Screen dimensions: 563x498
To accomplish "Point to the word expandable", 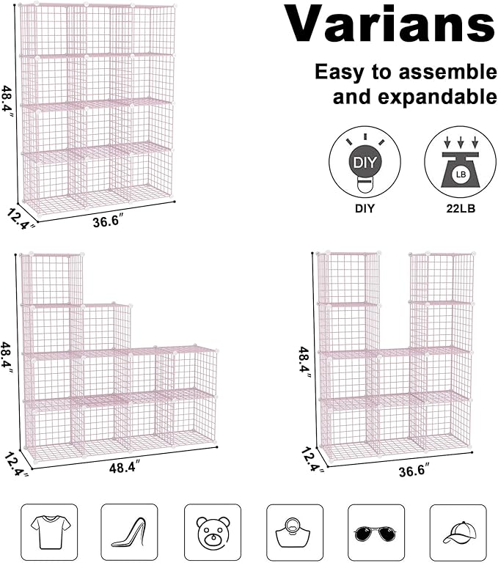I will (414, 96).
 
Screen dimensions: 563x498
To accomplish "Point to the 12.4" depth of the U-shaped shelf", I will (312, 460).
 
